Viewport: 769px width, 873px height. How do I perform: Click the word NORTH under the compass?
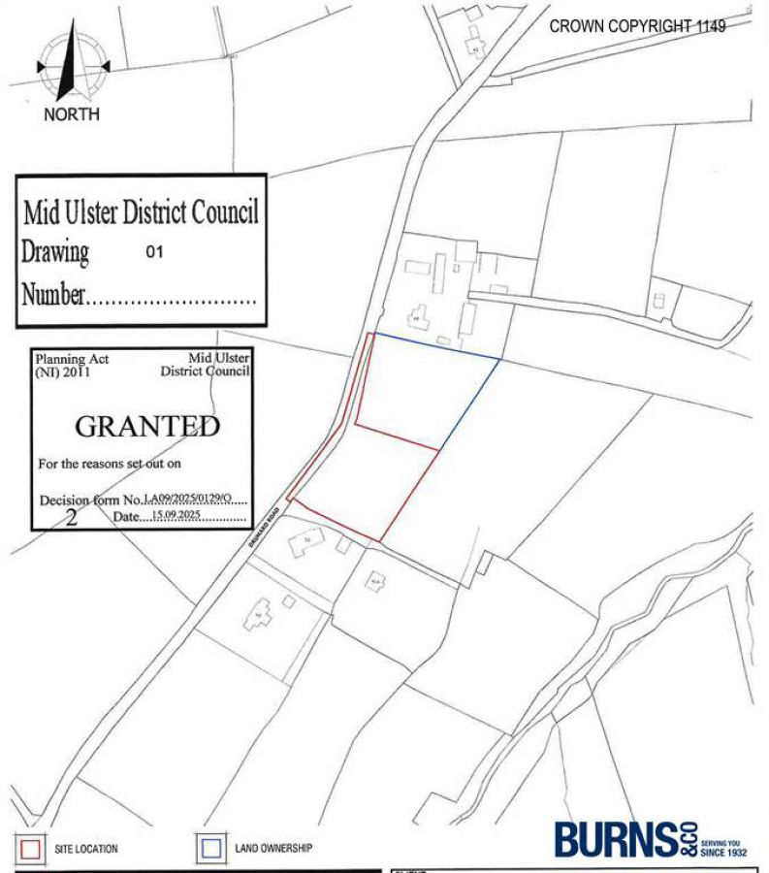click(71, 114)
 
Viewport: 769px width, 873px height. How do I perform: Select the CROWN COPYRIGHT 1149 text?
click(637, 26)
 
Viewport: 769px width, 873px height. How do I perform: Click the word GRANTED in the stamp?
click(146, 426)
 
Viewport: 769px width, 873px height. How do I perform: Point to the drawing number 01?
click(154, 251)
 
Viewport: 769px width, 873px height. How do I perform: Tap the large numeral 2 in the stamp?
click(71, 516)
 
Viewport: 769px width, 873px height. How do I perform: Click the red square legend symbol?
click(30, 848)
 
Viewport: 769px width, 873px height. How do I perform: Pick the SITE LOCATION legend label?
click(86, 849)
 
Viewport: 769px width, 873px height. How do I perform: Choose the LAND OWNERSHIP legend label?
click(273, 848)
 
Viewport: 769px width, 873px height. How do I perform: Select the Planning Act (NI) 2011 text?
click(72, 365)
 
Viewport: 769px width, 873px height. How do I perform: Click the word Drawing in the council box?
click(55, 252)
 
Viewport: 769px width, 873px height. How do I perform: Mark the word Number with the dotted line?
click(53, 294)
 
